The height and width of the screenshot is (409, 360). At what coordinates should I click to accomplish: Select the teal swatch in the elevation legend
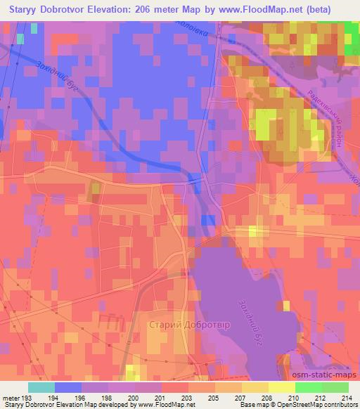tap(41, 387)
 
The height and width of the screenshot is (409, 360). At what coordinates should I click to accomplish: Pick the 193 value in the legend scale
tap(25, 397)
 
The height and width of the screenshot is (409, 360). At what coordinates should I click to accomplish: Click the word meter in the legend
tap(9, 397)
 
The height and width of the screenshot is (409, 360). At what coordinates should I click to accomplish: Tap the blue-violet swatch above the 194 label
tap(67, 387)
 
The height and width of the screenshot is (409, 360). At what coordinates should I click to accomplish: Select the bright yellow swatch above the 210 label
tap(281, 387)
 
